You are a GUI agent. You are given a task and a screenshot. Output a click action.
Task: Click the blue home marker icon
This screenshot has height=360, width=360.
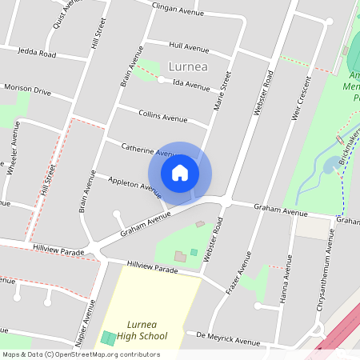180,173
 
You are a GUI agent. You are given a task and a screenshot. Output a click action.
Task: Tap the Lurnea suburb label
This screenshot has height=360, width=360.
188,66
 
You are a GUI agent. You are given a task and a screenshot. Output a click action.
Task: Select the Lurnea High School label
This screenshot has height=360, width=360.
146,330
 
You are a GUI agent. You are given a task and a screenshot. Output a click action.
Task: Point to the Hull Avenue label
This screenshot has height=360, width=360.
189,47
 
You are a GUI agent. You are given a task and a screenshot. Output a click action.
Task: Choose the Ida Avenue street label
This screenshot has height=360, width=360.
190,84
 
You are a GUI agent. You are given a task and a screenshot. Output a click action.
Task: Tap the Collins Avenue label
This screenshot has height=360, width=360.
162,117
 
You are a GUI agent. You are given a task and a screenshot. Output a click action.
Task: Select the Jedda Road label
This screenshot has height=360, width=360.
38,53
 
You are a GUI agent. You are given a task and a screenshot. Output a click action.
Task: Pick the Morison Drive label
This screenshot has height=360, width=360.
27,90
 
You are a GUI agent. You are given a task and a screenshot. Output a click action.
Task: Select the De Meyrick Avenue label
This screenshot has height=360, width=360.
225,339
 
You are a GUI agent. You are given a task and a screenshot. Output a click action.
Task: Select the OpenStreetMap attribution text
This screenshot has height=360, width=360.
81,354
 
